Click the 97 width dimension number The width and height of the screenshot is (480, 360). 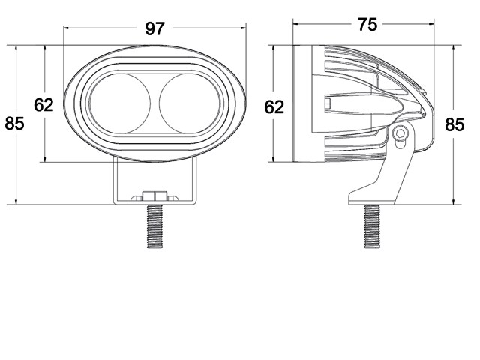click(x=155, y=28)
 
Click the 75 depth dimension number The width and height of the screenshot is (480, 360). click(x=367, y=25)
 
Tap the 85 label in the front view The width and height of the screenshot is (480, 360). click(x=14, y=124)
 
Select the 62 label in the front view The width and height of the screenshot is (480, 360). click(x=43, y=105)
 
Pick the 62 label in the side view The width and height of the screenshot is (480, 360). click(x=274, y=107)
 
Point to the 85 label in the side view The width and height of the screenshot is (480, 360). click(x=454, y=125)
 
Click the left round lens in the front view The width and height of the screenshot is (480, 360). click(x=120, y=103)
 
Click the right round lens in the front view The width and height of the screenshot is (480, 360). click(x=189, y=103)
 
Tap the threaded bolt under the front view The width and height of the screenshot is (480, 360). click(x=154, y=226)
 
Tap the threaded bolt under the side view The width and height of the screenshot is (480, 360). click(x=372, y=226)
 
